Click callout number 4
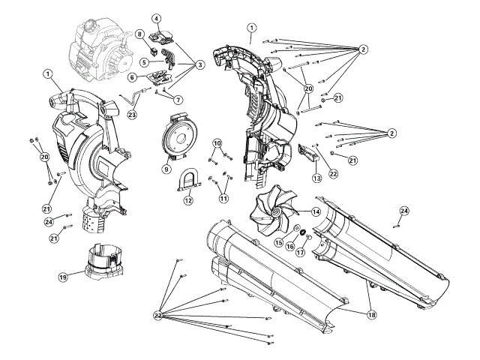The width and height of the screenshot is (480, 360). point(156,18)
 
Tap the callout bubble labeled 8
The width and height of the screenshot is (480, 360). point(139,34)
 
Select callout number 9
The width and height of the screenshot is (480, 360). point(166,169)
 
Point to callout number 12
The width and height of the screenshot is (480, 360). point(188,201)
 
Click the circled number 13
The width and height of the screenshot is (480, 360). point(317,178)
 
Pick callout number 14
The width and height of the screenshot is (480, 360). point(316,212)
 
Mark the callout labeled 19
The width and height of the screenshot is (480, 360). point(64,277)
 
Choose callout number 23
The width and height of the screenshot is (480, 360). point(132,115)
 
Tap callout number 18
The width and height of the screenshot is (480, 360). point(370,316)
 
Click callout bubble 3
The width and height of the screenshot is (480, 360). point(200,65)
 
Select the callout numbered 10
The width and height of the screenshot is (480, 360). point(217,142)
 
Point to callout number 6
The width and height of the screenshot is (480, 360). point(132,77)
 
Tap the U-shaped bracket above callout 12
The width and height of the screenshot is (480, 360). point(188,181)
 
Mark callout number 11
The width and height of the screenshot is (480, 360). point(223,199)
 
